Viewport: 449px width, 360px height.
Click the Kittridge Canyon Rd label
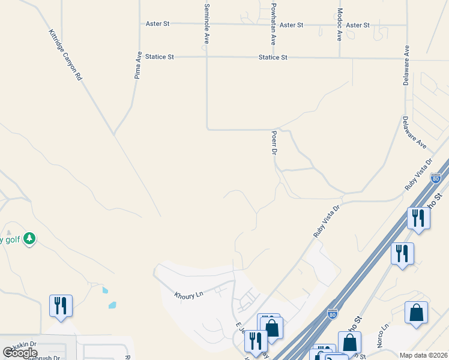(x=64, y=55)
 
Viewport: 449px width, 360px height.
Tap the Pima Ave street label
(x=138, y=65)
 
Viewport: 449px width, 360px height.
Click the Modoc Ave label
(x=340, y=25)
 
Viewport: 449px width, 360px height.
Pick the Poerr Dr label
(x=274, y=143)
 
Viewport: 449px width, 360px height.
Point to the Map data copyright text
(x=423, y=355)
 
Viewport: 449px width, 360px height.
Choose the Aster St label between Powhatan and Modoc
(x=292, y=25)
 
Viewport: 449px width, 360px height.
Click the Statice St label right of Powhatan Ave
(x=273, y=58)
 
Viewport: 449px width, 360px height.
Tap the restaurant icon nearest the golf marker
(x=61, y=305)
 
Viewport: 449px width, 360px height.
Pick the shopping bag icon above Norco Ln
(x=416, y=313)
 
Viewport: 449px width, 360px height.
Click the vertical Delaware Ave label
(x=406, y=65)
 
